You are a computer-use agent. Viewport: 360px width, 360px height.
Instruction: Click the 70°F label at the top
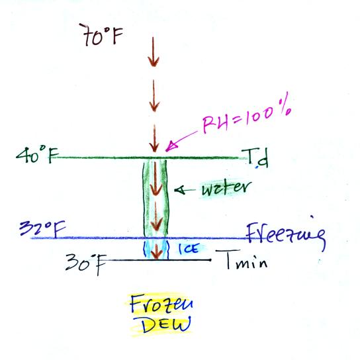101,35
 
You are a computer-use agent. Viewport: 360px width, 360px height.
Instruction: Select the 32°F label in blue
42,229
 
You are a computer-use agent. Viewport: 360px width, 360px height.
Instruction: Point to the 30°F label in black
85,263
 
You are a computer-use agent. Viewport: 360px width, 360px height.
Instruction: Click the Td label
255,158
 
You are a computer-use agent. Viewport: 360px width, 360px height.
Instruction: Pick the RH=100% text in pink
247,114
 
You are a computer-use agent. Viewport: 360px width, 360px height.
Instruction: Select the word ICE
189,248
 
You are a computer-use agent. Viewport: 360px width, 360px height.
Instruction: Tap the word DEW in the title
166,325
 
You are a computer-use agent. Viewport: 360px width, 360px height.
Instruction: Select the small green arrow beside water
185,190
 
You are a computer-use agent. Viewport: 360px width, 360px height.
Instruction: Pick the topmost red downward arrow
154,52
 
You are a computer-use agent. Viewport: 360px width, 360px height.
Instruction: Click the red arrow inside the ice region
157,251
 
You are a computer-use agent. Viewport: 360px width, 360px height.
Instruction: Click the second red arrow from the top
154,95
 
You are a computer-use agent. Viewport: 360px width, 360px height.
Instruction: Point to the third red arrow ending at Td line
154,139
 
